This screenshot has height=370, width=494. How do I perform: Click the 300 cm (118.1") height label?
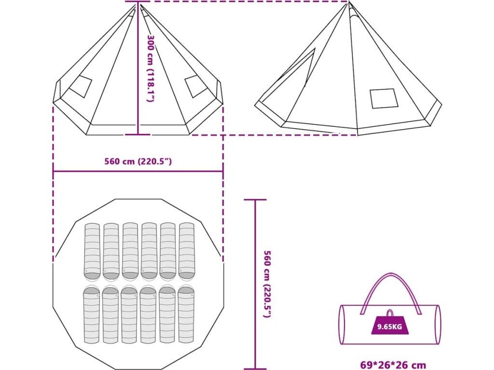click(x=151, y=68)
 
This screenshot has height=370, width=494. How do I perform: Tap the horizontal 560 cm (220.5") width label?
click(x=138, y=161)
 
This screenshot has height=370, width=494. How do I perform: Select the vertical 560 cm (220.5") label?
click(x=267, y=284)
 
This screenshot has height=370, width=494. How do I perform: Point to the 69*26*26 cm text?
click(x=393, y=365)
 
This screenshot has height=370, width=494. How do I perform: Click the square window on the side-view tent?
click(x=384, y=98)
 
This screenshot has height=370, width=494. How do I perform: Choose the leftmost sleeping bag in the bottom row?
click(x=91, y=315)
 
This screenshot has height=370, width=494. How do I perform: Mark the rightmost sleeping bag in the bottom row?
click(x=186, y=315)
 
